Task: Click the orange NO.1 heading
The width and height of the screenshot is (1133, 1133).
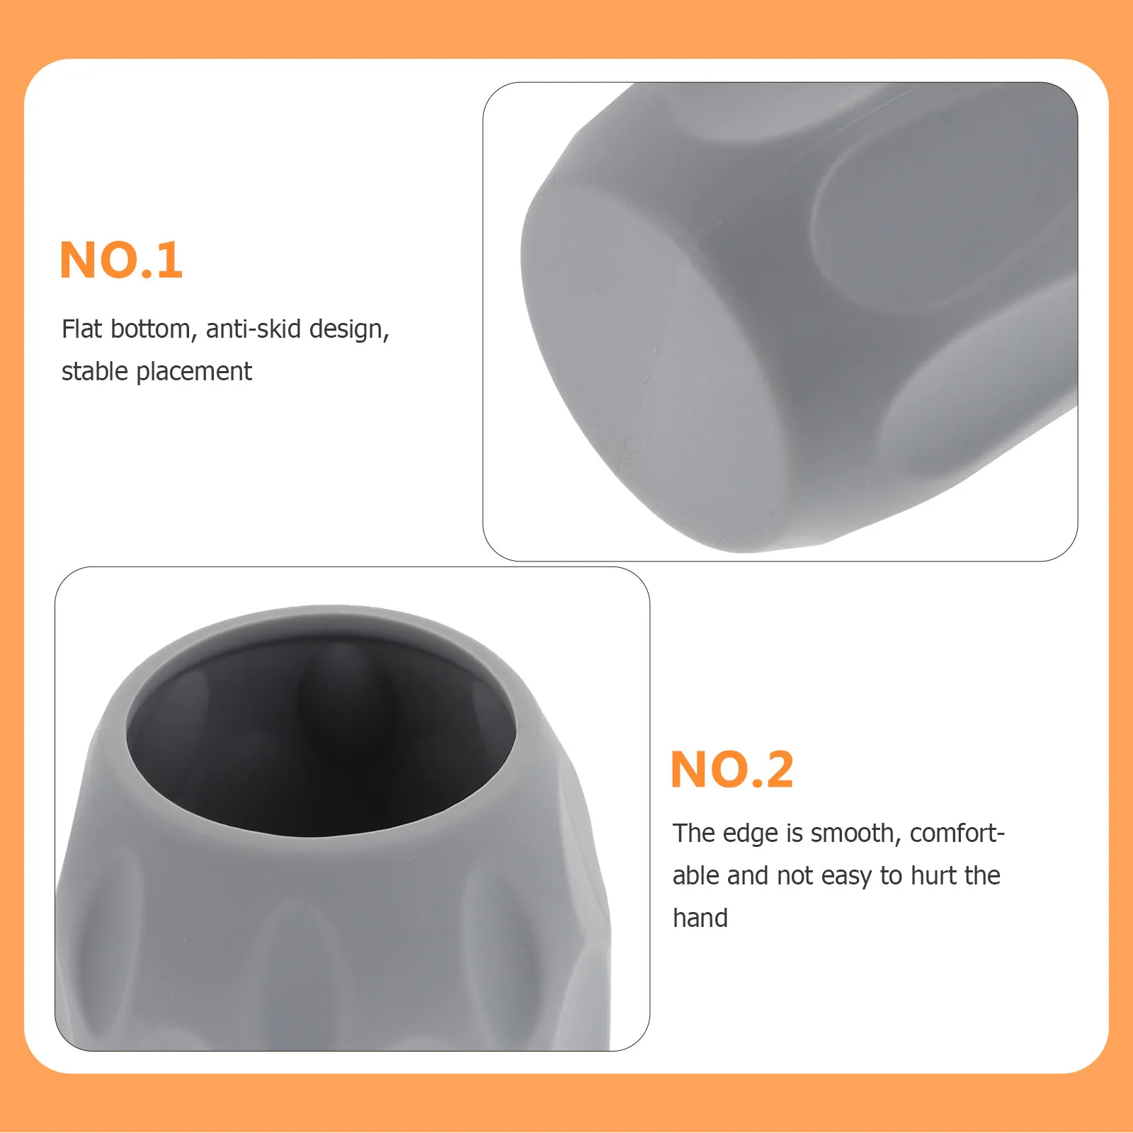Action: pyautogui.click(x=121, y=260)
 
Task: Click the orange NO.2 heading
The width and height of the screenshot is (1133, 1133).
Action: pyautogui.click(x=732, y=769)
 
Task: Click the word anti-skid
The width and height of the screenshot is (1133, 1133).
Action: pyautogui.click(x=254, y=329)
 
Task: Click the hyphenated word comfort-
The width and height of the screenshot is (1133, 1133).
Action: pyautogui.click(x=957, y=833)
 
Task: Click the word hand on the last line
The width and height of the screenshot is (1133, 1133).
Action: pyautogui.click(x=700, y=918)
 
